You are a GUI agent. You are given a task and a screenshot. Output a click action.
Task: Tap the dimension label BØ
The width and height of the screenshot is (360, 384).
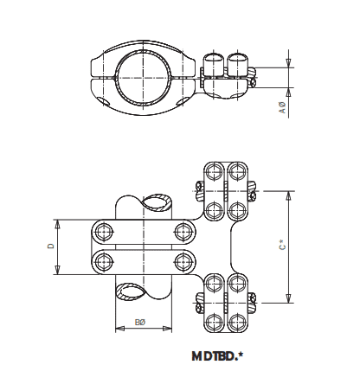141,323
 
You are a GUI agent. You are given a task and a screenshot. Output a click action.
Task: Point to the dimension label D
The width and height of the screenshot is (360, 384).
50,246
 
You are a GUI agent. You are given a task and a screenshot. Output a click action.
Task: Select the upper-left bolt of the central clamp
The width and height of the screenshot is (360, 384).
106,231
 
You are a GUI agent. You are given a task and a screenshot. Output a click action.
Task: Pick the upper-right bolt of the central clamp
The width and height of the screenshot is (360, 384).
182,231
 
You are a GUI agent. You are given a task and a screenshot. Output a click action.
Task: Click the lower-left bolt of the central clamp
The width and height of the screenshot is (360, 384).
106,260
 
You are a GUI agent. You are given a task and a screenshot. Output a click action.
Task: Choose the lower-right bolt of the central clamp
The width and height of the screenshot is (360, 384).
182,260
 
